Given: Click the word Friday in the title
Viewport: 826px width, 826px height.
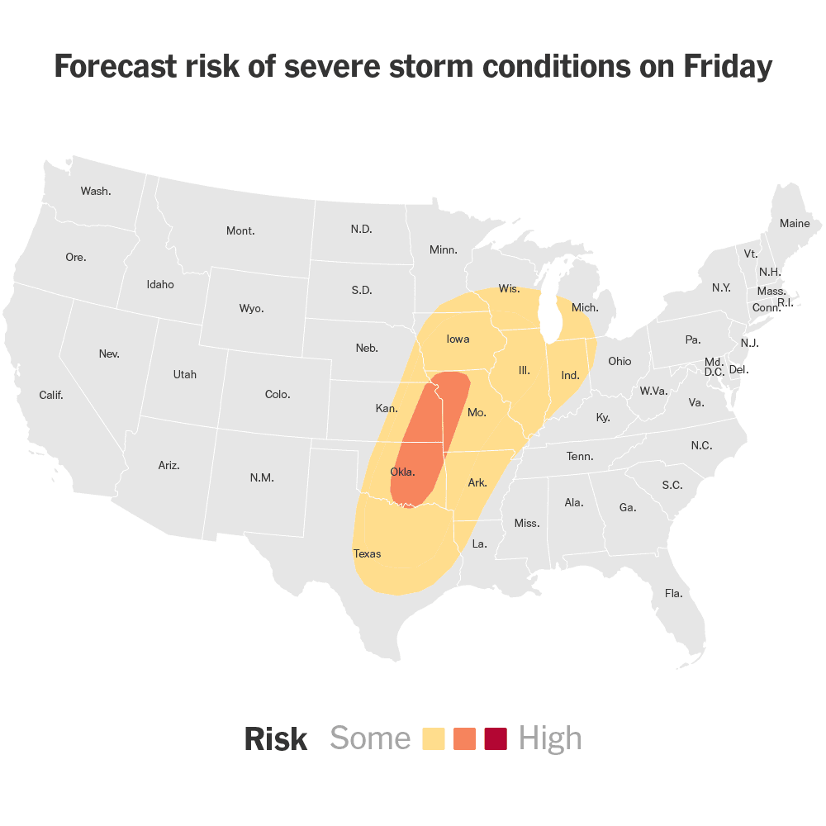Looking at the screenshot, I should pos(726,67).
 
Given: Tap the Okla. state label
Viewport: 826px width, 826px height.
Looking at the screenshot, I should pos(402,472).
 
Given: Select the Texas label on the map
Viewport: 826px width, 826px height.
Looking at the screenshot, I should pos(367,553).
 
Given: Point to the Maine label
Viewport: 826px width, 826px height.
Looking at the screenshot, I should pos(795,223).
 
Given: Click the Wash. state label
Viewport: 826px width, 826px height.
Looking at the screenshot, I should pos(96,191).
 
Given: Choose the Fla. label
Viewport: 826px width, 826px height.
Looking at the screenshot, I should pos(673,593).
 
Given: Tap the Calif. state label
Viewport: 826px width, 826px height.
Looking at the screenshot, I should pos(51,395).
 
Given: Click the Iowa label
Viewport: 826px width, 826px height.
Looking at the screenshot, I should pos(458,339).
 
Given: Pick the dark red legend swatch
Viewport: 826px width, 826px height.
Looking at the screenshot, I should pos(496,738).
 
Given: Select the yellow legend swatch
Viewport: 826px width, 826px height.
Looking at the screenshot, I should pos(434,738).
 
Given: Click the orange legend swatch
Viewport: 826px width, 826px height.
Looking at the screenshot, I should pos(465,738).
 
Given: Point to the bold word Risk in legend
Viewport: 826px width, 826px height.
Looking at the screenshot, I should pos(275,739).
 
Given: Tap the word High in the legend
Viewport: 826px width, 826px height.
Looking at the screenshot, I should pos(550,738).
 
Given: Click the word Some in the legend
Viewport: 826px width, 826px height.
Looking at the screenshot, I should pos(370,738).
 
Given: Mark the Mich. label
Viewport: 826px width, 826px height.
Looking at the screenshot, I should pos(585,307).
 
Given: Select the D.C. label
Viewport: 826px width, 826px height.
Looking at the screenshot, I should pos(714,373).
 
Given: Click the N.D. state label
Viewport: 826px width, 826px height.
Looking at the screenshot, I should pos(361,229).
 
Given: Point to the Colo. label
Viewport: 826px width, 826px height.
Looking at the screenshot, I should pos(278,394).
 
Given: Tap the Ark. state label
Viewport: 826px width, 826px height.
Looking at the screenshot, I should pos(477,482).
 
